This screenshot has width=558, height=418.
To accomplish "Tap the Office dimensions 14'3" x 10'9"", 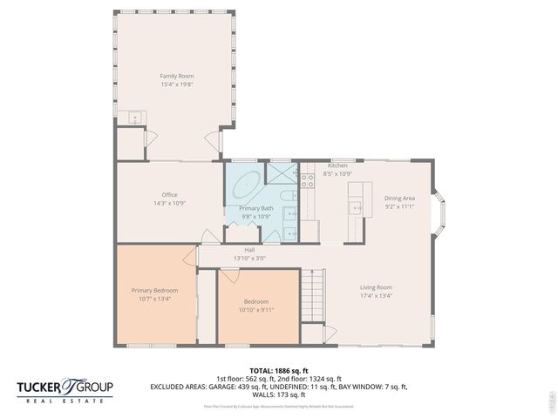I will click(x=169, y=203).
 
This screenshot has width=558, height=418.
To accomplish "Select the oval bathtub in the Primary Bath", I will click(x=247, y=186).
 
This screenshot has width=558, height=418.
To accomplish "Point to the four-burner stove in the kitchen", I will click(x=307, y=180).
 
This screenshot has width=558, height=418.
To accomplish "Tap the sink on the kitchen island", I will click(x=355, y=206).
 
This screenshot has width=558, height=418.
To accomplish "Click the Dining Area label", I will click(x=399, y=198).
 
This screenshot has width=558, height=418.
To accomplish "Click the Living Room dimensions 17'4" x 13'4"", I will click(x=377, y=295).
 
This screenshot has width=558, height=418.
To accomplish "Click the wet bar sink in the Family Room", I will click(x=135, y=118).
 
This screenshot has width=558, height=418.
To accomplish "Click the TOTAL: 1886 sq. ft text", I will click(x=278, y=371).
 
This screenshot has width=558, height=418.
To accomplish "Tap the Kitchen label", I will click(x=337, y=165).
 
